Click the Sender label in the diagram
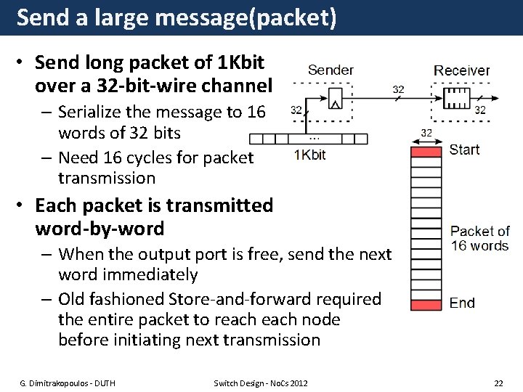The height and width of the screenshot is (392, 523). pos(331,70)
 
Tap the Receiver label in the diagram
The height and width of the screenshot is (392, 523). pos(461,70)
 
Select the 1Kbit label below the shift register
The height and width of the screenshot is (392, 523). pos(310,155)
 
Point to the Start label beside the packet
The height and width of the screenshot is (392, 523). pos(464,150)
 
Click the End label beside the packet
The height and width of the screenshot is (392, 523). pos(462,303)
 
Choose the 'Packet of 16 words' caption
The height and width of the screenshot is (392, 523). pos(479,238)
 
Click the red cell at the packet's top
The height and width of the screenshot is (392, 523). pos(426,152)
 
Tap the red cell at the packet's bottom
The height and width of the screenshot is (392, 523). pos(426,305)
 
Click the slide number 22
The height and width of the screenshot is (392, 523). pos(498,383)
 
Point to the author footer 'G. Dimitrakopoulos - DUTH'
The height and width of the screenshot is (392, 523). pos(68,383)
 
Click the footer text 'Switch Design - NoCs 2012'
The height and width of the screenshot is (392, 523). pos(261,383)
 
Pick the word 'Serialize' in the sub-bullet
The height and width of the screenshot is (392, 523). pos(92,113)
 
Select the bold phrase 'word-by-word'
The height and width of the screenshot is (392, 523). pos(100,229)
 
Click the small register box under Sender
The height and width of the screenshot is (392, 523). pos(335,98)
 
